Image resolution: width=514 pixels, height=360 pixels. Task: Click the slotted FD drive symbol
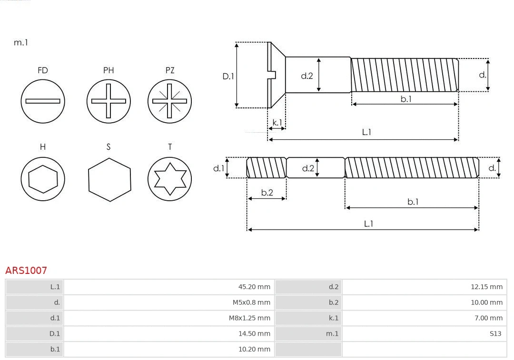(x=43, y=101)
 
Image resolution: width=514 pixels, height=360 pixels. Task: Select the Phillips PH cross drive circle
(x=109, y=101)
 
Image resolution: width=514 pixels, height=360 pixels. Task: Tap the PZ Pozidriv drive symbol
(x=170, y=101)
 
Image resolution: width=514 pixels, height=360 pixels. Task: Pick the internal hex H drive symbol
(x=43, y=179)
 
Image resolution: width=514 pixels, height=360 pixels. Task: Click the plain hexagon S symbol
(x=109, y=179)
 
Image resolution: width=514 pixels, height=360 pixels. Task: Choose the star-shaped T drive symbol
(x=170, y=179)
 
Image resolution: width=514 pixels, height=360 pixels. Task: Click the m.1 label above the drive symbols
(x=21, y=42)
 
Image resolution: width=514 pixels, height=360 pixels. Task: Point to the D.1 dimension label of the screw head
(x=228, y=76)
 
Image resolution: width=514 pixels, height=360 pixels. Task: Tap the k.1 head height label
(x=277, y=123)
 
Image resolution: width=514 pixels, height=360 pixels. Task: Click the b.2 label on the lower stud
(x=267, y=193)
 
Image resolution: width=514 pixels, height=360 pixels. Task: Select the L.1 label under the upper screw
(x=366, y=132)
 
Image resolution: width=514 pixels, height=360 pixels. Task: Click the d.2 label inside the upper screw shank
(x=307, y=75)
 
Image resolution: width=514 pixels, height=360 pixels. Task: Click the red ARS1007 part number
(x=26, y=270)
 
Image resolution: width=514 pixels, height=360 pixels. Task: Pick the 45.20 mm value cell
(x=254, y=287)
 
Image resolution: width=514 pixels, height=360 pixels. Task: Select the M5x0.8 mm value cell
(x=251, y=302)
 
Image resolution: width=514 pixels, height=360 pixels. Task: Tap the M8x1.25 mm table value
(x=249, y=318)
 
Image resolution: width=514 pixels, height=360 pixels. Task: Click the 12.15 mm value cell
(x=486, y=287)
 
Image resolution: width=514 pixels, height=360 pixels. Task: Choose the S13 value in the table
(x=495, y=334)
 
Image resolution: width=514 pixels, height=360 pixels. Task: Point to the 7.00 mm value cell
(x=488, y=318)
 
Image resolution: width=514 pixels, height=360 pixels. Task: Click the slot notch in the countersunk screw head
(x=273, y=75)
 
